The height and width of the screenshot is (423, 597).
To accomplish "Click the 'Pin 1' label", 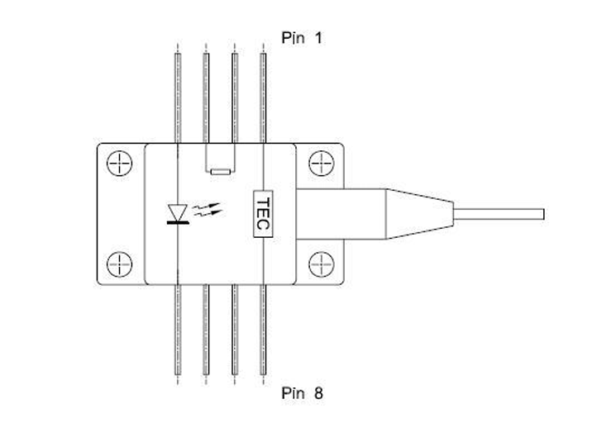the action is (x=302, y=38).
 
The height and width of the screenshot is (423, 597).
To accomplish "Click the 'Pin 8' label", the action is (x=302, y=393).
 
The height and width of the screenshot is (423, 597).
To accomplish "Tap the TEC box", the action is (x=263, y=214).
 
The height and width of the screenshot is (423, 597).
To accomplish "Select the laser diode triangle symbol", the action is (x=178, y=212).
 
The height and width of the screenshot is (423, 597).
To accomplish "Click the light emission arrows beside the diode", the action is (x=207, y=210).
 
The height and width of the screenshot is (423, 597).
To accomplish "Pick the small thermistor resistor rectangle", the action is (x=221, y=172).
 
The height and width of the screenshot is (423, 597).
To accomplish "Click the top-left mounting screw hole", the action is (x=120, y=164).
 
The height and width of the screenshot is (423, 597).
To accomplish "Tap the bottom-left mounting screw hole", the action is (x=120, y=264).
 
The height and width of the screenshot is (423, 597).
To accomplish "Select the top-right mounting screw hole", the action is (x=322, y=164).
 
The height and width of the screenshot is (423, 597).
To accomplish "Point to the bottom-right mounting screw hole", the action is (x=322, y=264).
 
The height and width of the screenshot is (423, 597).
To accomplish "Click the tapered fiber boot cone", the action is (x=419, y=214).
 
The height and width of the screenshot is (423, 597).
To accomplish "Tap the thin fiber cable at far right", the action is (x=499, y=214).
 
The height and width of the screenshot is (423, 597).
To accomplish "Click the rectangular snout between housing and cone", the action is (x=341, y=214).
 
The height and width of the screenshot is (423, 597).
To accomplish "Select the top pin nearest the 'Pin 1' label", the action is (x=263, y=98).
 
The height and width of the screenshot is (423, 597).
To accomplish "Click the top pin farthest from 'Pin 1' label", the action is (x=178, y=98).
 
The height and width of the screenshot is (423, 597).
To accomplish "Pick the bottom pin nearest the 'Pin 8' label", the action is (x=263, y=330).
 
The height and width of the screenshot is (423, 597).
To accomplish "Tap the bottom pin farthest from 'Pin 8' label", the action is (x=178, y=330).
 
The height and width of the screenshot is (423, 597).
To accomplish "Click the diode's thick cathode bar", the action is (x=178, y=222).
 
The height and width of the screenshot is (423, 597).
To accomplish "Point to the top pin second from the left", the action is (x=206, y=98).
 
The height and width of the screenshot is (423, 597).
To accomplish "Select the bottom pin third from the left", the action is (x=235, y=330).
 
